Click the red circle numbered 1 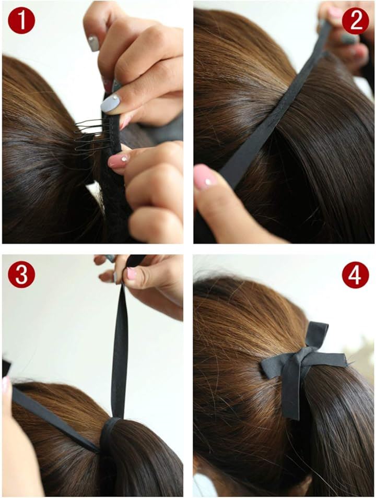tap(21, 21)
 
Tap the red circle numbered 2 tap(355, 21)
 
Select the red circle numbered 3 tap(21, 275)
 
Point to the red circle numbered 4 tap(355, 275)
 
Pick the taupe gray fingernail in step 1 tap(94, 43)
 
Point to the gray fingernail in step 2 tap(349, 39)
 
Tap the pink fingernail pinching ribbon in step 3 tap(131, 273)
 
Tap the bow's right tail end tap(343, 360)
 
